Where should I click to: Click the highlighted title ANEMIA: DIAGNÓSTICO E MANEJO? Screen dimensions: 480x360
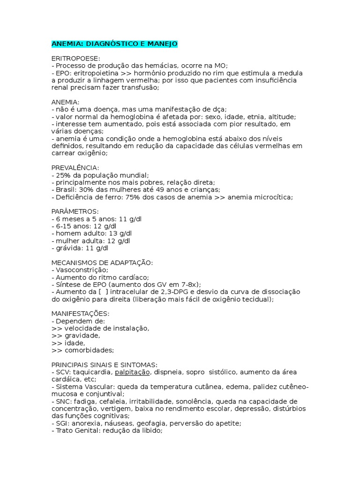point(114,44)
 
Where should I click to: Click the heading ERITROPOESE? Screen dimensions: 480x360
point(75,59)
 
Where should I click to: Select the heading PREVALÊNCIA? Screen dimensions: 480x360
point(75,167)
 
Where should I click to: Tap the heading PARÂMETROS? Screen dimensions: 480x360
point(75,211)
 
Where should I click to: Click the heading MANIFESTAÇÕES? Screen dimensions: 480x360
point(80,313)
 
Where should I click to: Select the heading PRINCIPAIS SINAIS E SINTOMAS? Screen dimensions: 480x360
point(105,364)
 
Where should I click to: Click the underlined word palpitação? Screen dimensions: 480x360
point(132,372)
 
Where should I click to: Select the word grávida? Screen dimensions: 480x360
point(69,247)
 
